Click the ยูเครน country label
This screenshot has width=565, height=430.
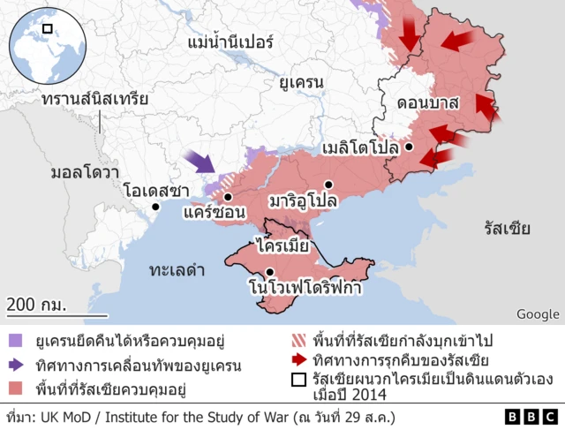[301, 84]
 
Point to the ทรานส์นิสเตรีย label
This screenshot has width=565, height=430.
[94, 100]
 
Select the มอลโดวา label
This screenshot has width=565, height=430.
[85, 171]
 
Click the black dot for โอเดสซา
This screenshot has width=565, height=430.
[156, 207]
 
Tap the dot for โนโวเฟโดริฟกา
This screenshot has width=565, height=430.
[269, 272]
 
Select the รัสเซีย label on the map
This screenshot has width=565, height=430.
[507, 230]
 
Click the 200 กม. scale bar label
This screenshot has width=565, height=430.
[36, 305]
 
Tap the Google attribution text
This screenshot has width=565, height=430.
[538, 314]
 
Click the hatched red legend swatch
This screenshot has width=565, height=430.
[298, 340]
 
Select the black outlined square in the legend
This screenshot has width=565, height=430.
[298, 381]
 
